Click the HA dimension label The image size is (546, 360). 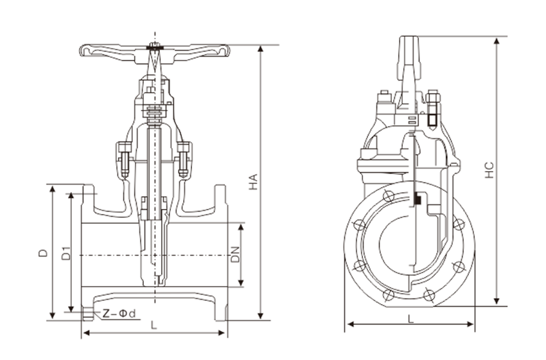pos(253,182)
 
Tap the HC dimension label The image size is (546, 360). pos(489,169)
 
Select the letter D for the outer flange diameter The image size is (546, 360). pos(42,254)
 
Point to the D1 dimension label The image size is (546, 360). pos(65,254)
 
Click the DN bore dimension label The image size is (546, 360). pos(235,255)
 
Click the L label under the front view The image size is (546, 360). pos(154,325)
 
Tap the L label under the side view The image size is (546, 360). pos(410,318)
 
